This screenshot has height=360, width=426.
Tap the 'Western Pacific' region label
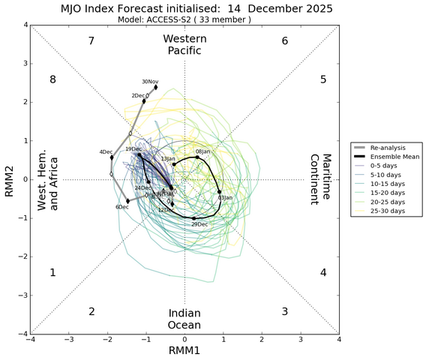pos(184,44)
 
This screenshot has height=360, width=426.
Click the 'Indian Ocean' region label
pos(184,318)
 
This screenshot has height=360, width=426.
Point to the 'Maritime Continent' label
pos(321,178)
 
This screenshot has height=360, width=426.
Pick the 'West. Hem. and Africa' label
pos(48,179)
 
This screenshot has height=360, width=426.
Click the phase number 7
pos(91,40)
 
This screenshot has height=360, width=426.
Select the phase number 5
pos(322,79)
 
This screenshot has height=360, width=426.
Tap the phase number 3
pos(284,311)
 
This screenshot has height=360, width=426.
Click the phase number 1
pos(52,273)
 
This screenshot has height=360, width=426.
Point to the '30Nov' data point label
pos(150,81)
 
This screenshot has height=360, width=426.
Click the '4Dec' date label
pos(106,152)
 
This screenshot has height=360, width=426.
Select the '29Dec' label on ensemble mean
pos(199,224)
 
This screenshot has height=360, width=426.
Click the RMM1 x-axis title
pos(184,350)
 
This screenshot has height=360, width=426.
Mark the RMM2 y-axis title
pos(10,179)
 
